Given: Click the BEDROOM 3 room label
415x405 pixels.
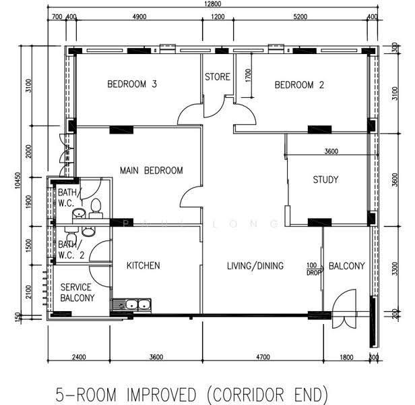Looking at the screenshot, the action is (x=132, y=84).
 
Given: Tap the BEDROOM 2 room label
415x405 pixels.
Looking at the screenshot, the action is (x=299, y=85).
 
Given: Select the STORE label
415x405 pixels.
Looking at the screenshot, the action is (x=218, y=77).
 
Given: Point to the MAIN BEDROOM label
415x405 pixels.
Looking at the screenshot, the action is (x=151, y=170).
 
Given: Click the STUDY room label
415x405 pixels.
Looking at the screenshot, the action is (x=325, y=180).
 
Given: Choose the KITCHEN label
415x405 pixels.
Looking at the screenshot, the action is (x=143, y=265).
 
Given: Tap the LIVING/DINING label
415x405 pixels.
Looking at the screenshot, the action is (x=255, y=266).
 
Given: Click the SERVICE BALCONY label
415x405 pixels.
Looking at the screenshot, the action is (x=77, y=292).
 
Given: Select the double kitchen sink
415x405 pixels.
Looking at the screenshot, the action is (x=131, y=304).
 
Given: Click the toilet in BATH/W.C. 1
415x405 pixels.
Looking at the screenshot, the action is (x=96, y=207).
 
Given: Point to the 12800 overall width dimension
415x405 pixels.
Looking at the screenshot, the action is (x=213, y=4).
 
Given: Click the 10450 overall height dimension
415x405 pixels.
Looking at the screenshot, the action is (x=18, y=181).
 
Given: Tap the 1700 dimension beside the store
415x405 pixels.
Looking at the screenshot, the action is (x=248, y=76).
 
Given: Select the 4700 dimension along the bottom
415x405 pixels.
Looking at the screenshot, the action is (x=263, y=357).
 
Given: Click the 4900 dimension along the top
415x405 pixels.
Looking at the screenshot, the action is (x=139, y=17).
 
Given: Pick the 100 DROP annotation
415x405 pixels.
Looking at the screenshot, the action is (x=313, y=269).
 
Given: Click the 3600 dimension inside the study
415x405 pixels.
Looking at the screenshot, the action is (x=331, y=151).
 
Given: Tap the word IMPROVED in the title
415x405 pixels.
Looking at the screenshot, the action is (x=162, y=394).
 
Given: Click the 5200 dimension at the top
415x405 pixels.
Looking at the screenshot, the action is (x=300, y=17).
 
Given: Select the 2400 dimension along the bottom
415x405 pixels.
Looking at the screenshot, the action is (x=79, y=357).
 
